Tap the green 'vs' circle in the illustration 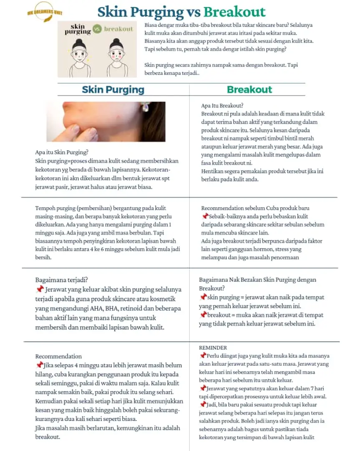pos(97,29)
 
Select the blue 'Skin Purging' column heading pos(113,89)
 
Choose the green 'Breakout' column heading pos(249,89)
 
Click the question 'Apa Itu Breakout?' pos(222,105)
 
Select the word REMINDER pos(213,347)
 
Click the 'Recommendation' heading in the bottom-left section pos(58,356)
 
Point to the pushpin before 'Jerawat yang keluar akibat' pos(40,289)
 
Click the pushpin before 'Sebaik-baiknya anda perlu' pos(204,216)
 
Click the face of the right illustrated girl pos(116,52)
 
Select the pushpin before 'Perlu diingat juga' pos(203,355)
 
